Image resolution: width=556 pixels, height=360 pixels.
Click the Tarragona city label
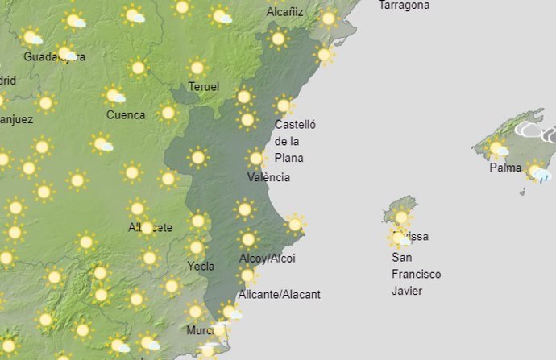(x=404, y=6)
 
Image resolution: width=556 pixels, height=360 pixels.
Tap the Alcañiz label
(x=284, y=12)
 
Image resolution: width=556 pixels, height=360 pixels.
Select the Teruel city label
(x=203, y=86)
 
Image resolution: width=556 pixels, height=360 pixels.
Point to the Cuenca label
(x=126, y=115)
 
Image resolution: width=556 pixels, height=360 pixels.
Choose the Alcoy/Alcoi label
(x=268, y=259)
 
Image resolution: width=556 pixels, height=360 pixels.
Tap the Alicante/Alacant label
(x=280, y=295)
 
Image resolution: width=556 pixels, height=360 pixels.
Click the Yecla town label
(x=201, y=266)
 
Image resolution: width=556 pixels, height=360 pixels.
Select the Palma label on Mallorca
(x=505, y=168)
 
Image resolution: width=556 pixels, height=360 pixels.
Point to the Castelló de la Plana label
(x=295, y=141)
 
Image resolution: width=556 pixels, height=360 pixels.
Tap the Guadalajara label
(x=54, y=56)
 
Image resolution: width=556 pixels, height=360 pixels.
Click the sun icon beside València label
(x=256, y=159)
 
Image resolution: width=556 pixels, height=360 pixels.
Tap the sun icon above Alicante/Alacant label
(x=247, y=275)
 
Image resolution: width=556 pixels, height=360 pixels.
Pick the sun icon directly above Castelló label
(x=283, y=106)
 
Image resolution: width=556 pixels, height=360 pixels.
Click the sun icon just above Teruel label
(x=197, y=68)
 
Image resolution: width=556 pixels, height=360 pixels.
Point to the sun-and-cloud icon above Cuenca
(x=114, y=96)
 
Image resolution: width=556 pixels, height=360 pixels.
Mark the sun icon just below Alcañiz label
(x=278, y=38)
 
